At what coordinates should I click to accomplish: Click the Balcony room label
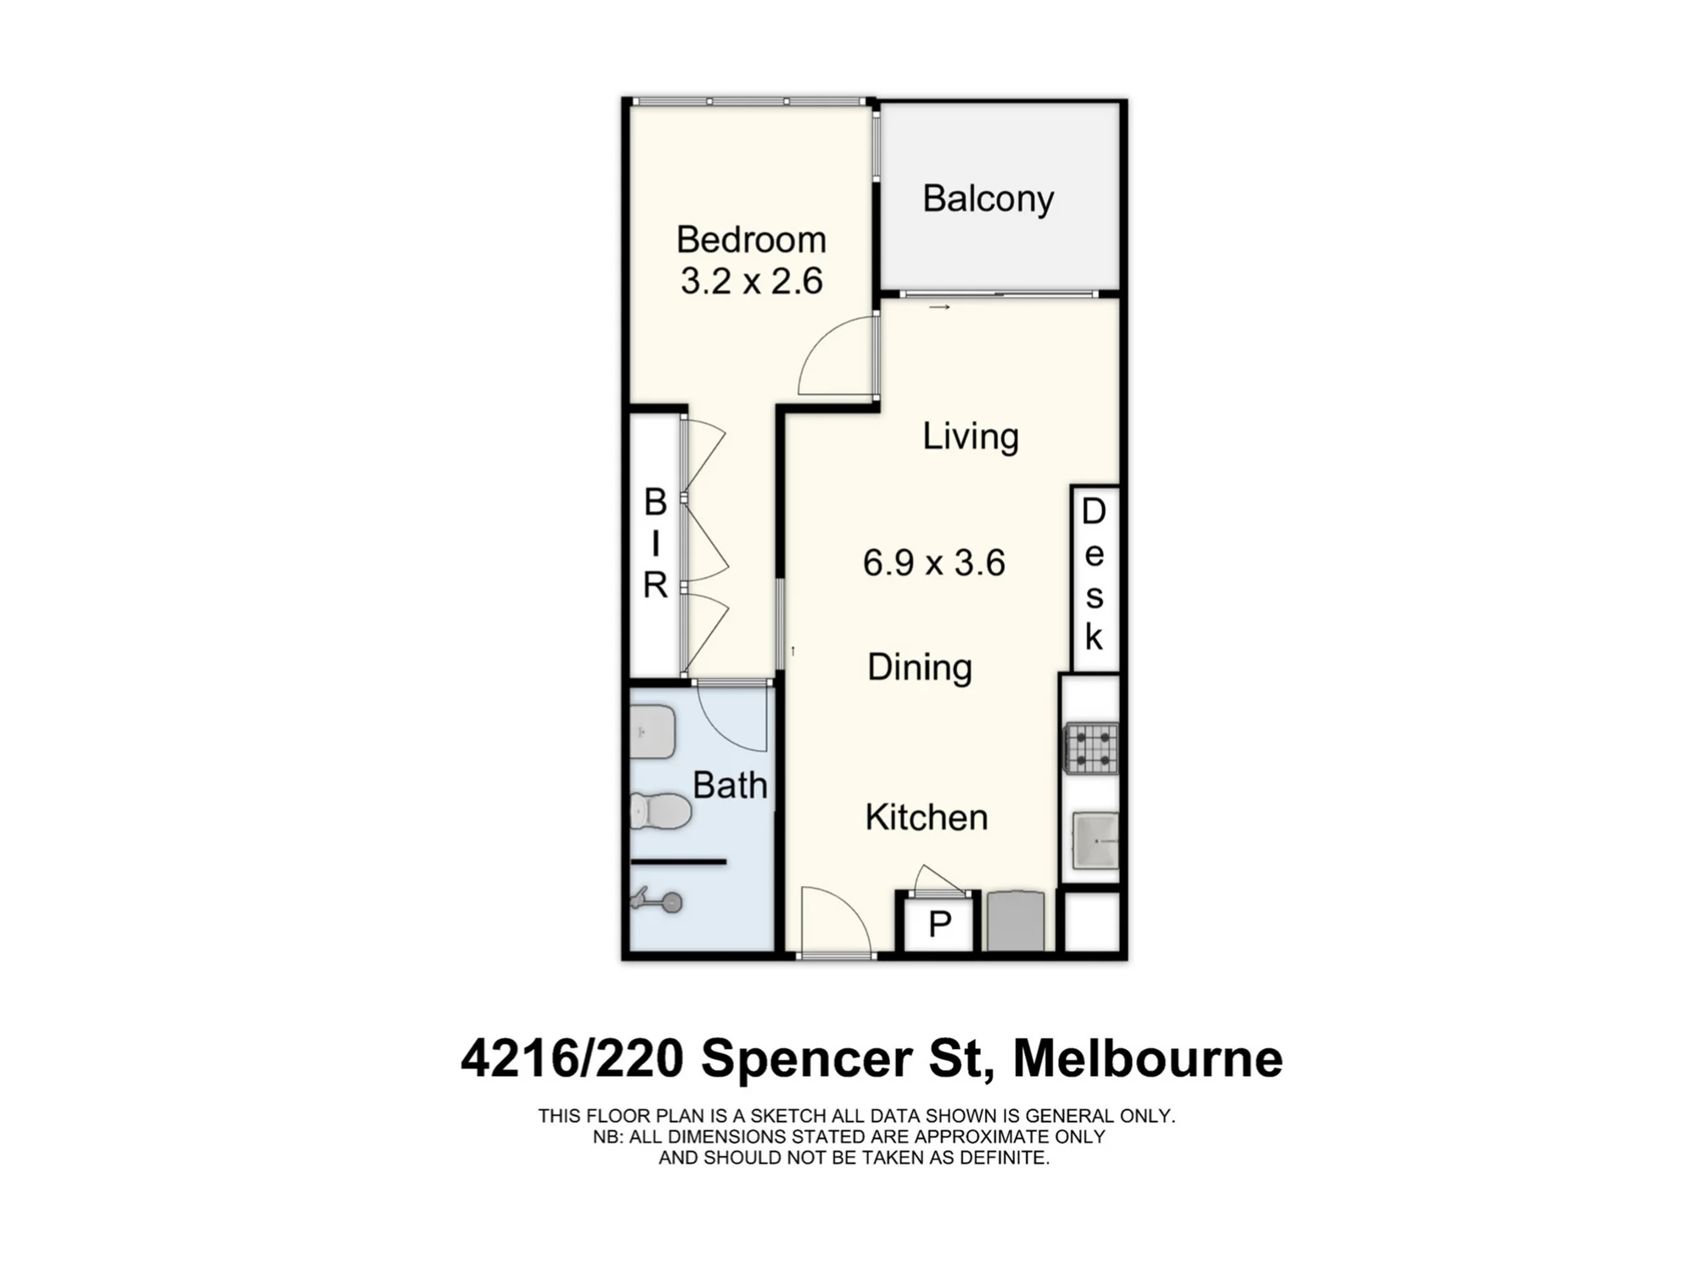tap(988, 199)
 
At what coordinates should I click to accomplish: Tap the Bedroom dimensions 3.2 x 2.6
tap(752, 281)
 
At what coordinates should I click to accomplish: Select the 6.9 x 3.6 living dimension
tap(934, 563)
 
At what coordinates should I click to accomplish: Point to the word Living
tap(971, 437)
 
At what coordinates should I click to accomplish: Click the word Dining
tap(920, 667)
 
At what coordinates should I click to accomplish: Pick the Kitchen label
tap(927, 817)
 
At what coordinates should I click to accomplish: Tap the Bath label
tap(730, 785)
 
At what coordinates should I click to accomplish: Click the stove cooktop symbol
tap(1092, 748)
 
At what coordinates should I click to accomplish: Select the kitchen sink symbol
tap(1095, 840)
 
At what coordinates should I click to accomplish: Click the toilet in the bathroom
tap(661, 810)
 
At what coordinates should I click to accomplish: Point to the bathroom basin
tap(652, 732)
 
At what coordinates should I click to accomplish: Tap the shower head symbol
tap(658, 900)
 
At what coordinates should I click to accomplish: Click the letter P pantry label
tap(939, 924)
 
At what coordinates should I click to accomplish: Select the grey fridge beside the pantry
tap(1016, 920)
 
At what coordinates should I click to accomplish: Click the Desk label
tap(1094, 574)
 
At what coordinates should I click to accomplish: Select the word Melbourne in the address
tap(1148, 1058)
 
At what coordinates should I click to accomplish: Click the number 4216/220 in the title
tap(572, 1059)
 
